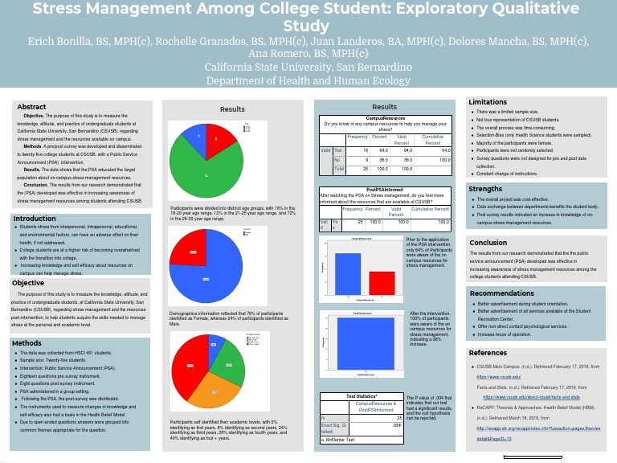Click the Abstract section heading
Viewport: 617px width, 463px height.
(32, 107)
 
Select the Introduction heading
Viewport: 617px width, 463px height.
(35, 219)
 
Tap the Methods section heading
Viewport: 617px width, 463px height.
(27, 343)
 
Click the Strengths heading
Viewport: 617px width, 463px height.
(486, 189)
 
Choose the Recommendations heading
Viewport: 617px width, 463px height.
(501, 293)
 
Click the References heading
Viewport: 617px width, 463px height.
(488, 353)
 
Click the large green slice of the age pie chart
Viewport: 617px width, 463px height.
(206, 165)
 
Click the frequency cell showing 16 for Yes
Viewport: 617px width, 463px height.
(365, 150)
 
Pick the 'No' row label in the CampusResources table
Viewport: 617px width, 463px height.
(337, 160)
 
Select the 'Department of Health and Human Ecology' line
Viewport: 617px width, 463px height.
(308, 80)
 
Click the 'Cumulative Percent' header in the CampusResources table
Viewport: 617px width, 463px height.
(433, 141)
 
